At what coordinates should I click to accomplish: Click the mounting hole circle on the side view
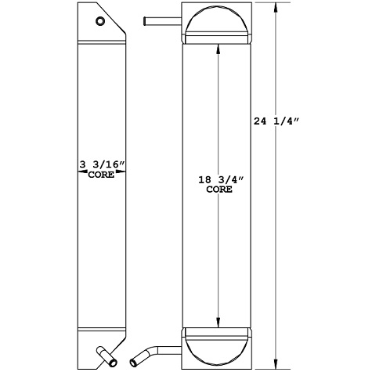pyautogui.click(x=99, y=22)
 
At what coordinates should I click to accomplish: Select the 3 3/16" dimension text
pyautogui.click(x=103, y=165)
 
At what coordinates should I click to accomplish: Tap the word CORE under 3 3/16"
pyautogui.click(x=103, y=175)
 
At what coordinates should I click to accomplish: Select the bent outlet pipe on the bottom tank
pyautogui.click(x=157, y=350)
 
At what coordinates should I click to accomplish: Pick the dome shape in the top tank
pyautogui.click(x=218, y=22)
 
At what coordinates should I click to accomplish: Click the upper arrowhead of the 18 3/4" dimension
pyautogui.click(x=218, y=46)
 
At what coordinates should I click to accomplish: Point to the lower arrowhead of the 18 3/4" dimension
pyautogui.click(x=218, y=323)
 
